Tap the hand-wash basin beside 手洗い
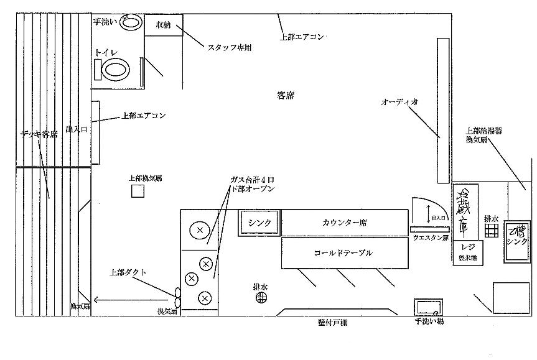click(x=131, y=23)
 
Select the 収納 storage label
click(x=164, y=25)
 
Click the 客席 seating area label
click(x=286, y=96)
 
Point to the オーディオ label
click(x=399, y=101)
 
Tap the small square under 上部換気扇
click(x=137, y=190)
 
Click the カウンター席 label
click(x=343, y=223)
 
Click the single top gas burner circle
click(x=199, y=230)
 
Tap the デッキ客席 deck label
click(x=38, y=134)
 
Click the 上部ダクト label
click(x=128, y=272)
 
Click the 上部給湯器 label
click(x=485, y=131)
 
